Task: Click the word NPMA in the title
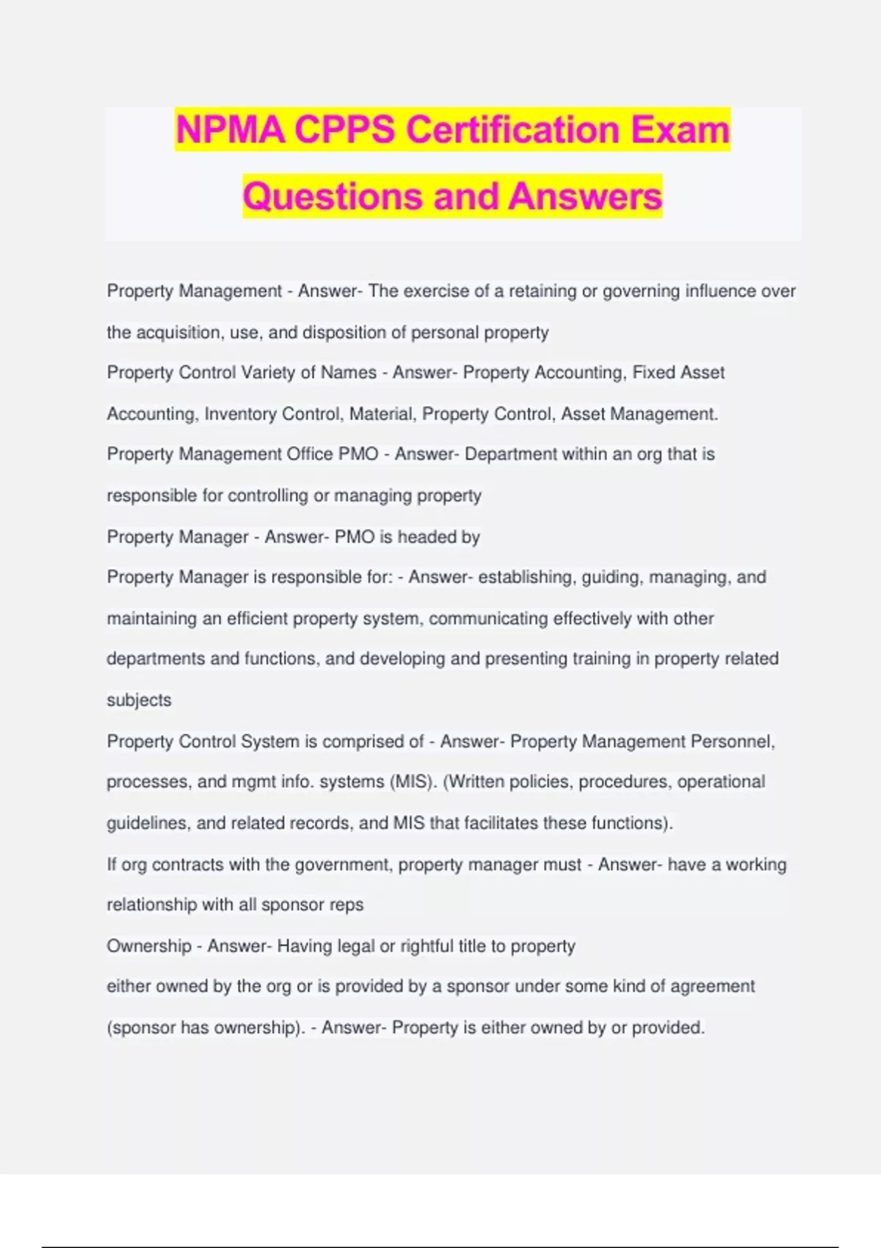pos(231,130)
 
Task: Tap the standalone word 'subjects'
pos(139,700)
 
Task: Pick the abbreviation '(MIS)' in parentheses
pos(413,782)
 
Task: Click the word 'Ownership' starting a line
pos(149,946)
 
